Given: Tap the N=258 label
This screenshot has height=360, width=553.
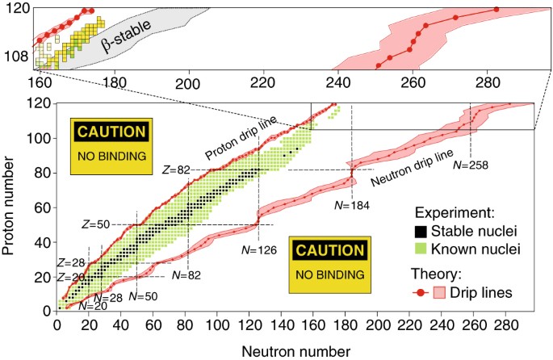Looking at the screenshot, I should (471, 165).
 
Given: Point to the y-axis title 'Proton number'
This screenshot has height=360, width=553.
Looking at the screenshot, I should (12, 205).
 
